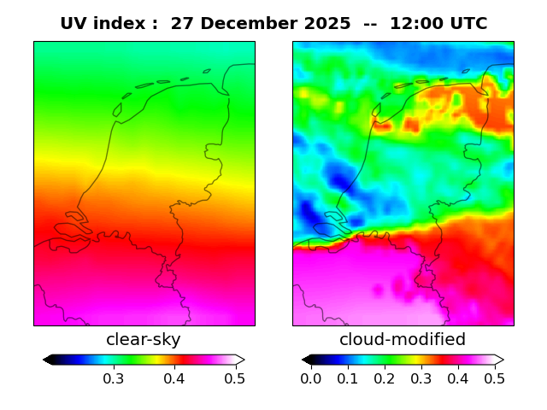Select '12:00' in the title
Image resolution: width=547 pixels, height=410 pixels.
click(x=416, y=24)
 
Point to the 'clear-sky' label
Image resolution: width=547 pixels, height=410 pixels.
click(x=144, y=339)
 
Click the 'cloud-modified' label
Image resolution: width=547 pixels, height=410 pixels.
click(x=403, y=339)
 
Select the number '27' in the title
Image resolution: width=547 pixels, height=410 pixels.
click(x=181, y=24)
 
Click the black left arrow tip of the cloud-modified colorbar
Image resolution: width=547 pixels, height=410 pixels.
click(x=306, y=360)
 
